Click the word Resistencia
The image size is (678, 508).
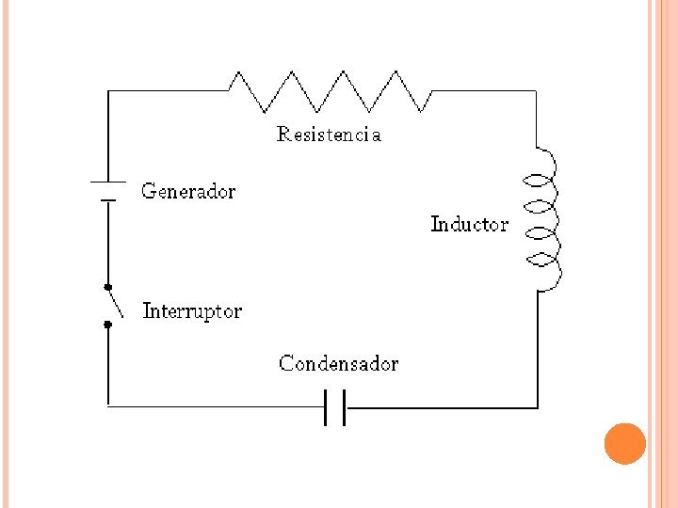click(329, 135)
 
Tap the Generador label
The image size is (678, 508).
click(188, 192)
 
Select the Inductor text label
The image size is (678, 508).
click(469, 224)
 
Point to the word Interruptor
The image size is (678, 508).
click(192, 310)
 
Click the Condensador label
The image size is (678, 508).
click(338, 364)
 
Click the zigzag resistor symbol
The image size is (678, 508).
click(331, 91)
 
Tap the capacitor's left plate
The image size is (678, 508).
click(326, 407)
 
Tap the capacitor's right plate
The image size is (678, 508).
click(345, 407)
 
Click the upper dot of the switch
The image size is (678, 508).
click(107, 287)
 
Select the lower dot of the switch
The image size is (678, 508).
click(107, 324)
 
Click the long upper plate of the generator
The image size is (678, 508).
click(108, 182)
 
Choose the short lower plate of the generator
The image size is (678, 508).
click(108, 198)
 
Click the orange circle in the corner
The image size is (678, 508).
click(624, 443)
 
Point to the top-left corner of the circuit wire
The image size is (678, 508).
click(108, 91)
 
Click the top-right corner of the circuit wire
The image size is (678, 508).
click(537, 91)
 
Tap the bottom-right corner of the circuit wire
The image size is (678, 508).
click(537, 407)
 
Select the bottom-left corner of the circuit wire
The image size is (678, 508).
click(108, 405)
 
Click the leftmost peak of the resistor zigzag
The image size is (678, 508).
click(243, 71)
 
